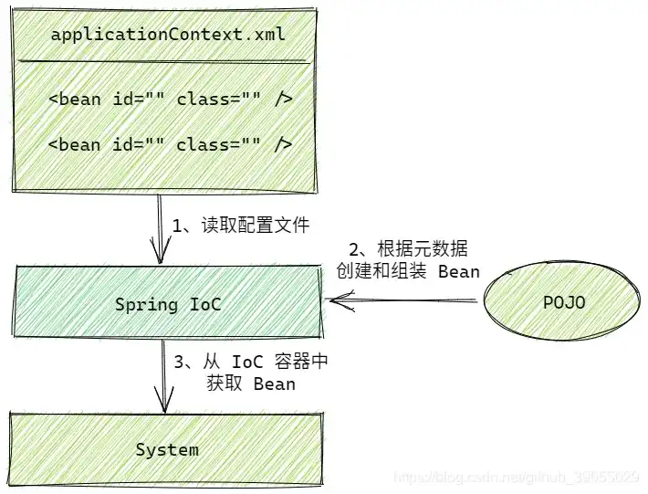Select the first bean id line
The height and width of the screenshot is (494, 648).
click(x=170, y=99)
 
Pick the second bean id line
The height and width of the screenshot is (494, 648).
click(x=170, y=144)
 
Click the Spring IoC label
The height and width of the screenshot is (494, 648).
click(x=168, y=304)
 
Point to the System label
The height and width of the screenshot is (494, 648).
click(x=167, y=449)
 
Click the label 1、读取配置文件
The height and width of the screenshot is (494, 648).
click(x=241, y=226)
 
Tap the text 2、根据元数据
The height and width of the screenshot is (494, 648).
click(x=409, y=249)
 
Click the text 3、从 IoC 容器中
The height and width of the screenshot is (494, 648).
click(x=250, y=362)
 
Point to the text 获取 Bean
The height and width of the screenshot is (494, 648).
click(x=250, y=384)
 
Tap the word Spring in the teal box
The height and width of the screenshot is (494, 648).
click(x=146, y=304)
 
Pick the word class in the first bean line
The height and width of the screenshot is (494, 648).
click(x=202, y=99)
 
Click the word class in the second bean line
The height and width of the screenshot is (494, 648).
click(x=202, y=144)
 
